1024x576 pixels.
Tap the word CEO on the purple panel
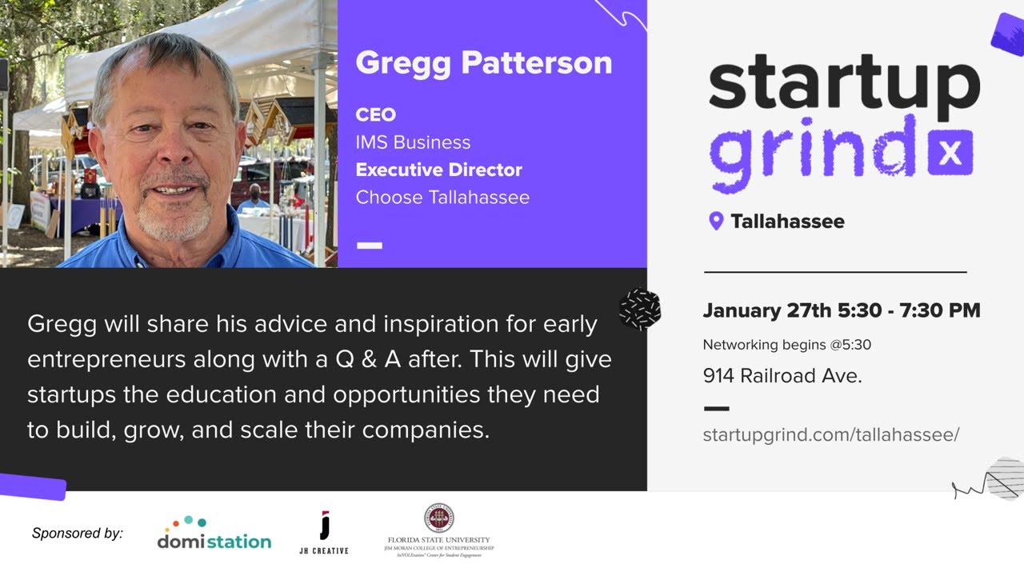click(x=375, y=115)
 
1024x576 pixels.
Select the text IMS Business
click(x=413, y=142)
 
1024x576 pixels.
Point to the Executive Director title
click(x=438, y=170)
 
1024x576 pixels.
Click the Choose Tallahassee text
click(x=442, y=197)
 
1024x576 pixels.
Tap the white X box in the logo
click(x=950, y=153)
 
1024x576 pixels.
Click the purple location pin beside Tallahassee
click(x=716, y=221)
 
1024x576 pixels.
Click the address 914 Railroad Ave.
click(x=782, y=375)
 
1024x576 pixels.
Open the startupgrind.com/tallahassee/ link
click(x=830, y=434)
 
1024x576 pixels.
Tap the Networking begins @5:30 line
click(x=786, y=345)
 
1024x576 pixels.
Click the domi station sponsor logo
click(x=214, y=534)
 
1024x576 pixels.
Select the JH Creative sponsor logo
click(x=324, y=533)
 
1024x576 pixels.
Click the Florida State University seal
click(x=439, y=518)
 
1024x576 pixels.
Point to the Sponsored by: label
click(x=78, y=533)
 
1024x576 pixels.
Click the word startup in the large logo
click(x=843, y=82)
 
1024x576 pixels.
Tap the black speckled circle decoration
click(x=640, y=309)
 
